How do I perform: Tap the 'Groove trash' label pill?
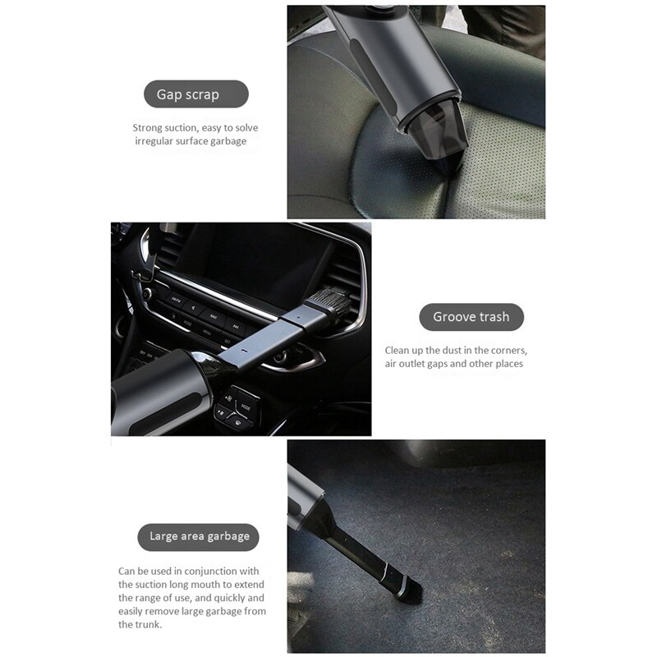[471, 317]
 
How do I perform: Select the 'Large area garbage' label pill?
[199, 536]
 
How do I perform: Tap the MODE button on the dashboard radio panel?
[187, 324]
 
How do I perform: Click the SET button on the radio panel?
[228, 340]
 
